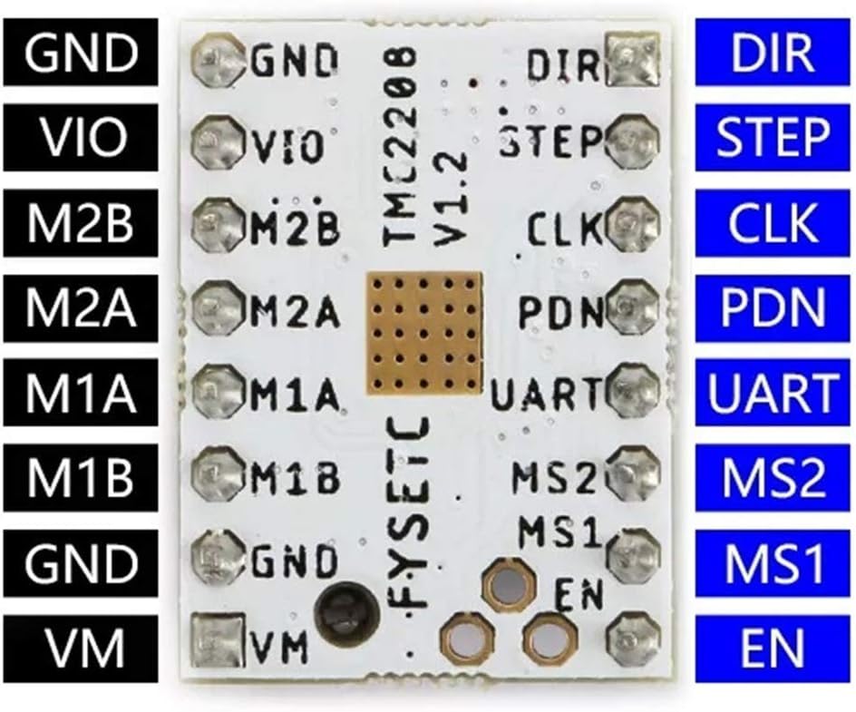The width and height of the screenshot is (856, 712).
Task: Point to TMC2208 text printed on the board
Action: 400,150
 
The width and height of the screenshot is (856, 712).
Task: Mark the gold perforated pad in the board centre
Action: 421,335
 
